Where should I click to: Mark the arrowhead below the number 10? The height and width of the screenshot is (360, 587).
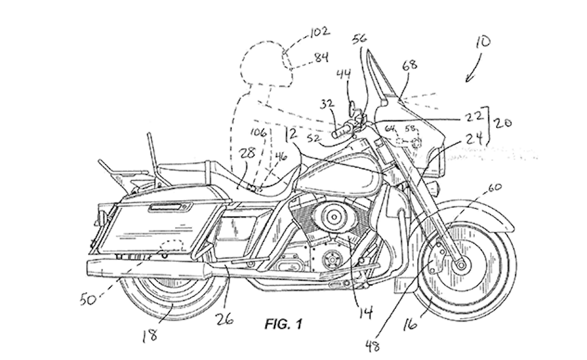(x=467, y=80)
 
